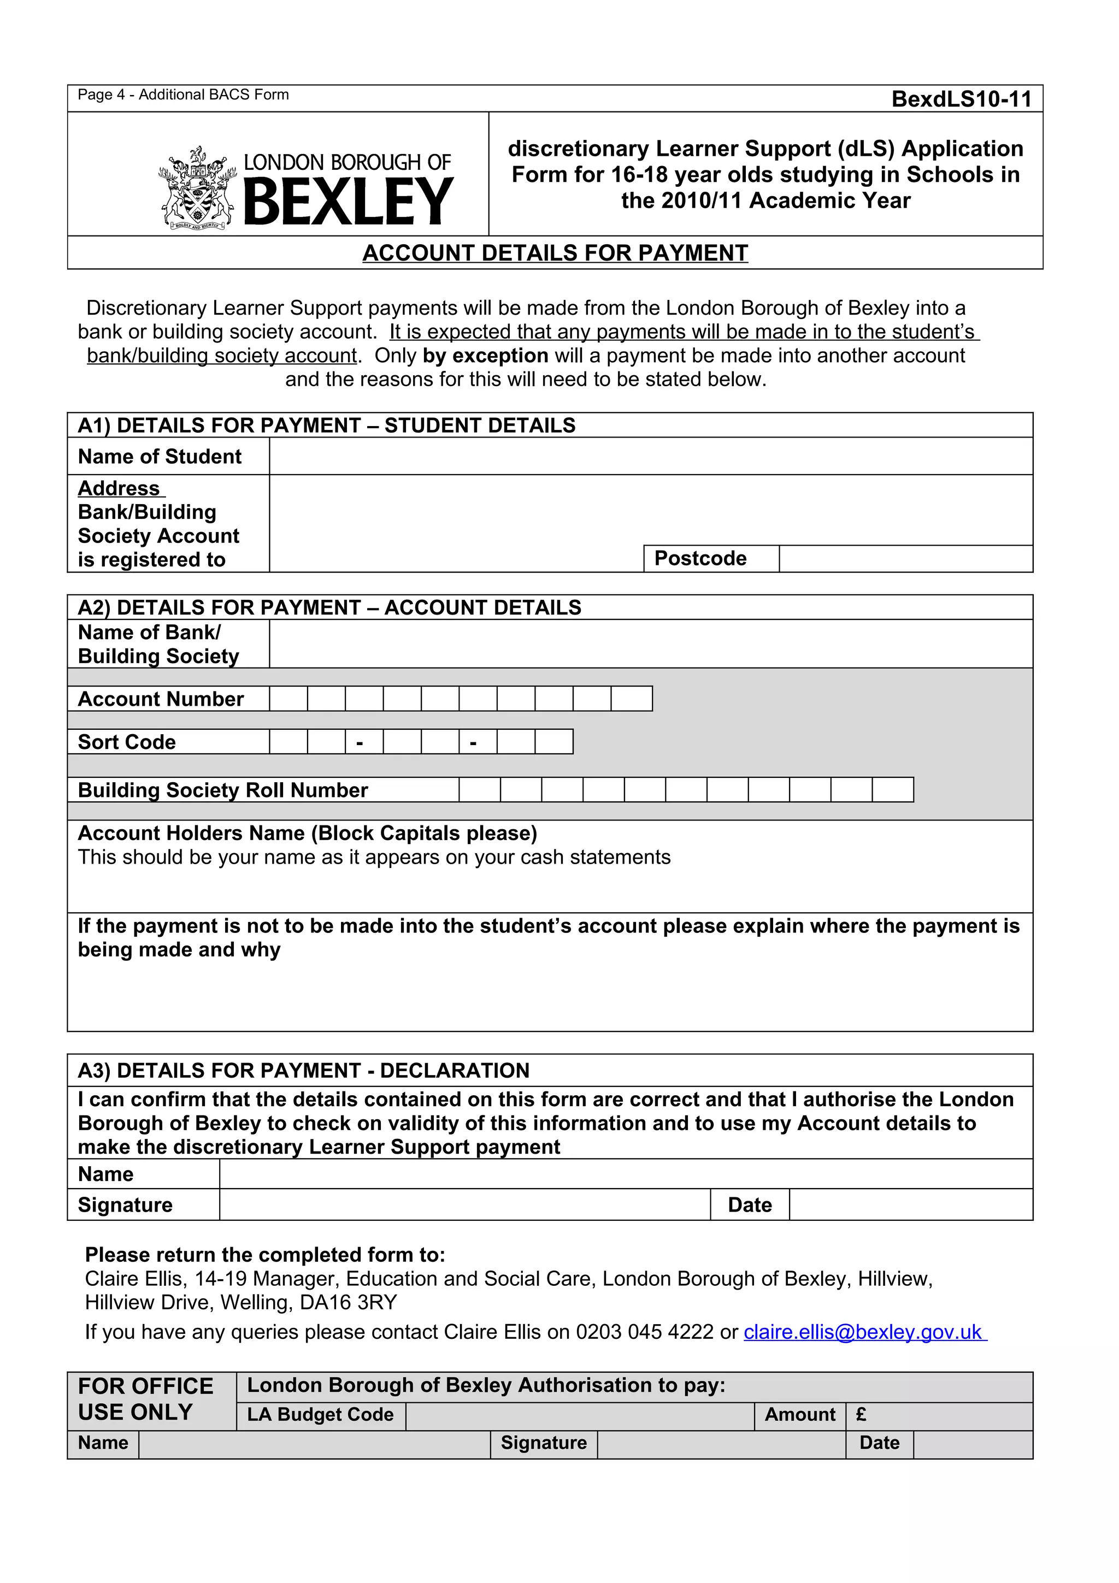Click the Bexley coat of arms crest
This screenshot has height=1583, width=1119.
click(x=197, y=188)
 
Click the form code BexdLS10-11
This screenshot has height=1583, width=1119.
click(x=961, y=99)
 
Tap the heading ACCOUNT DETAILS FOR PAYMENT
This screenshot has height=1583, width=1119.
click(x=555, y=253)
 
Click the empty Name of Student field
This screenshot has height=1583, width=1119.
click(x=650, y=457)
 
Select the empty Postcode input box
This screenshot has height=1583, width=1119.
click(x=905, y=558)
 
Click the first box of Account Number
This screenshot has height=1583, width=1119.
click(x=288, y=699)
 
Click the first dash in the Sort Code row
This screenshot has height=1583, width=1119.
click(x=359, y=742)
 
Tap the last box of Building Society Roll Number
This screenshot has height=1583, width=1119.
click(x=893, y=790)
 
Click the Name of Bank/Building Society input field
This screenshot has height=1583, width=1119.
click(x=650, y=644)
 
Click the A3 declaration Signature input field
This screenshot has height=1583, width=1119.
click(x=464, y=1204)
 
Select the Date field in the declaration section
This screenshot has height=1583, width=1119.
click(x=910, y=1204)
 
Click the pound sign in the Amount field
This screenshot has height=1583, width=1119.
click(x=861, y=1415)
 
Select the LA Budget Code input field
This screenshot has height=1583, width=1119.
click(x=579, y=1415)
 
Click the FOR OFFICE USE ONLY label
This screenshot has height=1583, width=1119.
click(x=145, y=1399)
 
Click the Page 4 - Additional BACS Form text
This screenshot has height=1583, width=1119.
click(x=182, y=95)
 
